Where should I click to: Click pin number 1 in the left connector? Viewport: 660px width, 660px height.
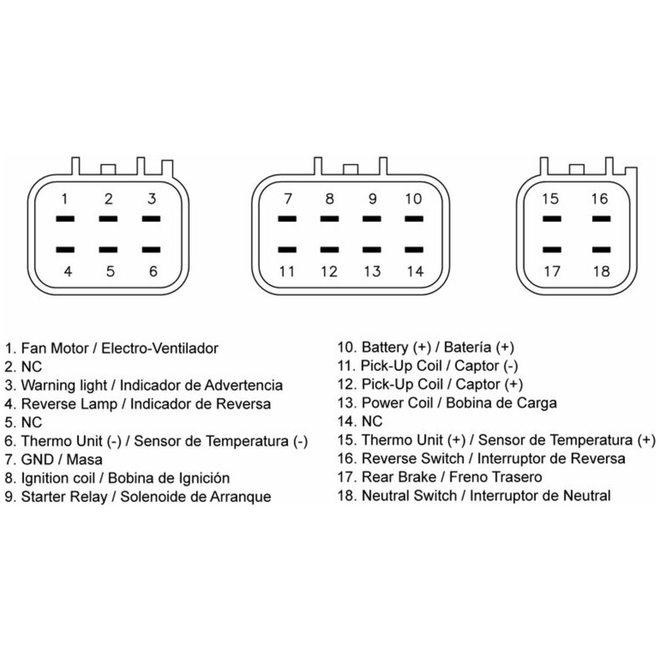pyautogui.click(x=65, y=199)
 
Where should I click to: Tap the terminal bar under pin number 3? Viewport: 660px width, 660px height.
pyautogui.click(x=151, y=219)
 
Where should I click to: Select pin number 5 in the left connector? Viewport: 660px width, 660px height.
pyautogui.click(x=110, y=271)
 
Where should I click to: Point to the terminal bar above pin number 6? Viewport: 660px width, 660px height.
pyautogui.click(x=151, y=250)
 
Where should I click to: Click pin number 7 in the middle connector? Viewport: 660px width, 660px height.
pyautogui.click(x=288, y=199)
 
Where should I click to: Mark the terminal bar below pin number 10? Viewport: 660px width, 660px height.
pyautogui.click(x=414, y=219)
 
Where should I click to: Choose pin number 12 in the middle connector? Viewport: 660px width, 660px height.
pyautogui.click(x=329, y=271)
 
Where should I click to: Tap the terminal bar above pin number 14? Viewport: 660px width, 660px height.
pyautogui.click(x=414, y=250)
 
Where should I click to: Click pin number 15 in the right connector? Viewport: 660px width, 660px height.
pyautogui.click(x=550, y=199)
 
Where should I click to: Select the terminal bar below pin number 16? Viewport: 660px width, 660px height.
pyautogui.click(x=601, y=219)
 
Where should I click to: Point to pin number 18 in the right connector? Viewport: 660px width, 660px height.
pyautogui.click(x=601, y=271)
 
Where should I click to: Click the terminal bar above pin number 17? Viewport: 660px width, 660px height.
pyautogui.click(x=552, y=250)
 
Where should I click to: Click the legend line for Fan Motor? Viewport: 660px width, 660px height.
pyautogui.click(x=112, y=348)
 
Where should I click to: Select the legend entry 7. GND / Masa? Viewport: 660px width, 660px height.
pyautogui.click(x=54, y=460)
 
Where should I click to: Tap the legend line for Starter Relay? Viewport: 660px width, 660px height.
pyautogui.click(x=138, y=497)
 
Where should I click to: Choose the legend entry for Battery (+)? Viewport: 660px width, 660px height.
pyautogui.click(x=426, y=348)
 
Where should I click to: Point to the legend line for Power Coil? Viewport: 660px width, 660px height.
pyautogui.click(x=447, y=403)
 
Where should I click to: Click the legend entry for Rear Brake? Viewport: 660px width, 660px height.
pyautogui.click(x=440, y=477)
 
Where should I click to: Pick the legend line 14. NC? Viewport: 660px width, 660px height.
pyautogui.click(x=360, y=422)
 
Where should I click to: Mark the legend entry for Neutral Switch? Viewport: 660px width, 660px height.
pyautogui.click(x=474, y=496)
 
